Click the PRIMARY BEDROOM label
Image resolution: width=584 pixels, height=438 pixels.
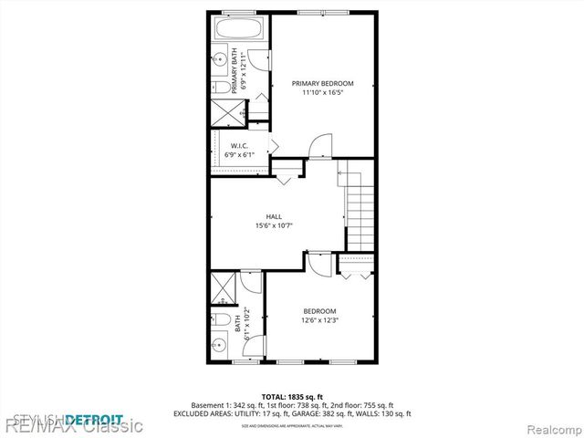[322, 83]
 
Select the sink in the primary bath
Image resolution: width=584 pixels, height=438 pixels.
[222, 58]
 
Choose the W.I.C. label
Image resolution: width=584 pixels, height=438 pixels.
[239, 146]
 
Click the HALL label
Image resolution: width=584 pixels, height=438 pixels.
[273, 216]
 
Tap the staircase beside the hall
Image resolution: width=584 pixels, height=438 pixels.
[361, 209]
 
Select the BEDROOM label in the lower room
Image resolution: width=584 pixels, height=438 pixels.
[320, 310]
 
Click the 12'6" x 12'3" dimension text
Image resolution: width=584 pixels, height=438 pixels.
[320, 319]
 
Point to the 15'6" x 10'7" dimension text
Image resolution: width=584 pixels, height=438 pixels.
[273, 225]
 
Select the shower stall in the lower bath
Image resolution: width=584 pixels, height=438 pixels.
[223, 289]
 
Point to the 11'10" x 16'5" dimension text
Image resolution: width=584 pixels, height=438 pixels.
[322, 92]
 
